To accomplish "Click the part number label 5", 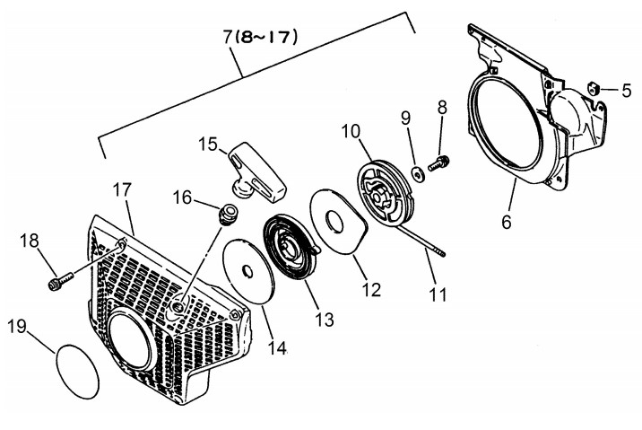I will coord(627,90).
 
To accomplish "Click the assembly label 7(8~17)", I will coord(260,37).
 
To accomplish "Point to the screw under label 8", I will coord(439,163).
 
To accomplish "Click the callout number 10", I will coord(351,133).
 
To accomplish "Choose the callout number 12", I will coord(370,289).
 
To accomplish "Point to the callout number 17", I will coord(123,190).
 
